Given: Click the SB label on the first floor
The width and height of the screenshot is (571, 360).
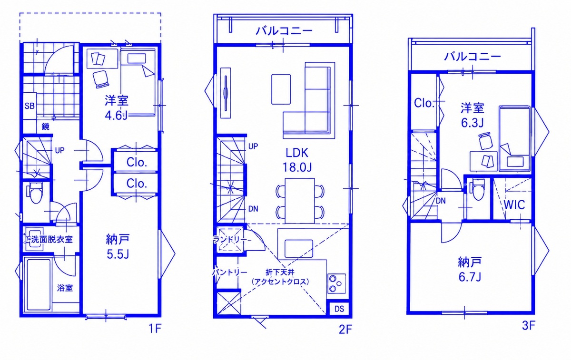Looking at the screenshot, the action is [x=30, y=106].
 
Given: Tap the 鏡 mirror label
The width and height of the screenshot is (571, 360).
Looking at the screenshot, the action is [x=45, y=126].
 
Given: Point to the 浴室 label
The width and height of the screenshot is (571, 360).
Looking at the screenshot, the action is [x=65, y=288].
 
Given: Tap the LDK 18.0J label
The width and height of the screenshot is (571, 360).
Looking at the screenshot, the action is [x=297, y=160].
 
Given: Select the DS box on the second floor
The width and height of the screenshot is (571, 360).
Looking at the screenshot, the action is [x=339, y=309].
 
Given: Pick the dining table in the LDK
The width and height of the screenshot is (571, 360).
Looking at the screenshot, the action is [x=300, y=201].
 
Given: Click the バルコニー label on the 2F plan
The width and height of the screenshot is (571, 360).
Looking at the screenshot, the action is [x=284, y=31].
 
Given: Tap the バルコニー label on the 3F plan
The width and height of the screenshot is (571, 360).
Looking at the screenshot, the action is [x=473, y=57].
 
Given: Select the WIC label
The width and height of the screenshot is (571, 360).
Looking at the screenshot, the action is [x=514, y=204].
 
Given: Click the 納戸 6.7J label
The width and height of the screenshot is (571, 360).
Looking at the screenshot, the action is [x=470, y=269].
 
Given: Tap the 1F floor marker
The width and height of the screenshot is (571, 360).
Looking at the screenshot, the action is [x=155, y=329].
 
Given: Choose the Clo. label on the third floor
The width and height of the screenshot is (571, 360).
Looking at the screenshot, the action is [x=424, y=103].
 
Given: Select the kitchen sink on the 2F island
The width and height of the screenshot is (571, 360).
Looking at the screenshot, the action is [x=299, y=248].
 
